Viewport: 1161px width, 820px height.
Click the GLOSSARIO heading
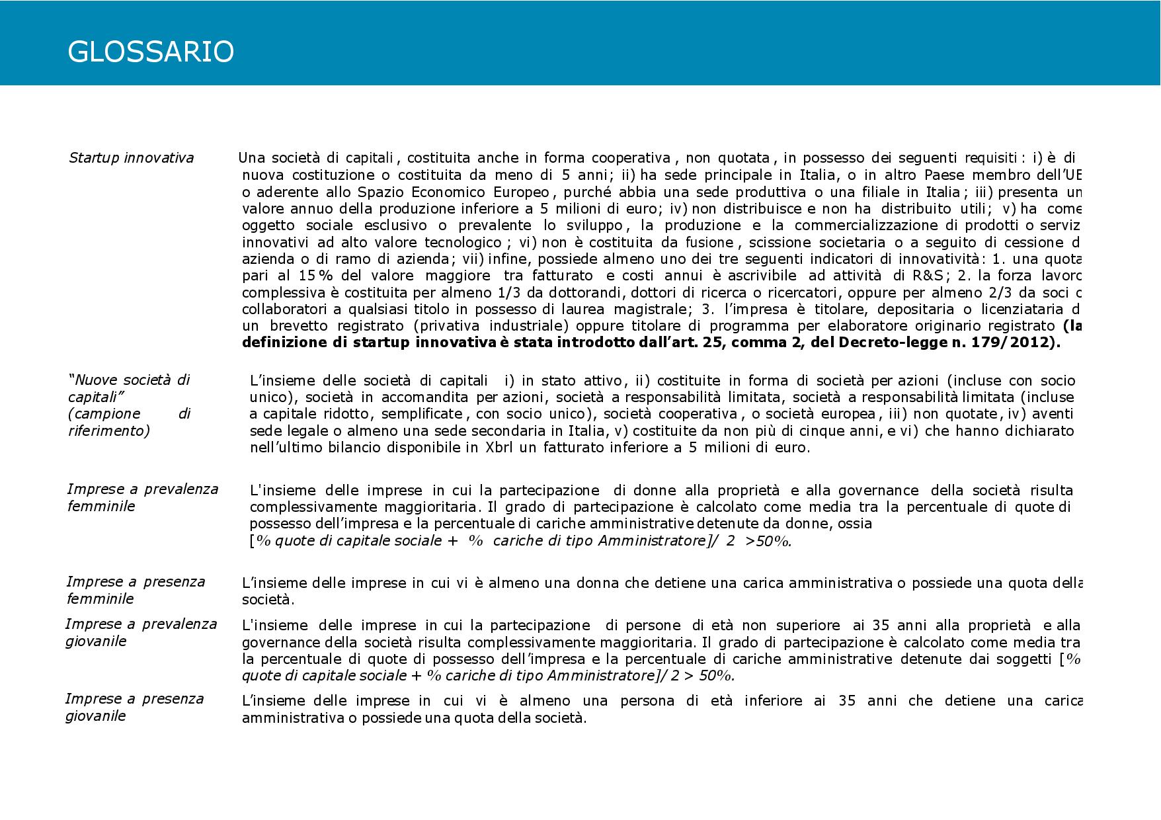tap(151, 52)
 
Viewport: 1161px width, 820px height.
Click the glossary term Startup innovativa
tap(131, 158)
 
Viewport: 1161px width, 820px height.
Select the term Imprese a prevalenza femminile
tap(142, 497)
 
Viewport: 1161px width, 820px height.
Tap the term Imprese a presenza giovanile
tap(134, 707)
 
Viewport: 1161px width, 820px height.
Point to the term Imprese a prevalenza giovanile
tap(141, 632)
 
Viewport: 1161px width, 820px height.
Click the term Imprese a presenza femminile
tap(136, 590)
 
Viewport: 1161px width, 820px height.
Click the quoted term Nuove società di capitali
tap(129, 388)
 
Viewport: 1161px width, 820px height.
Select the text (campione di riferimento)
tap(129, 422)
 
